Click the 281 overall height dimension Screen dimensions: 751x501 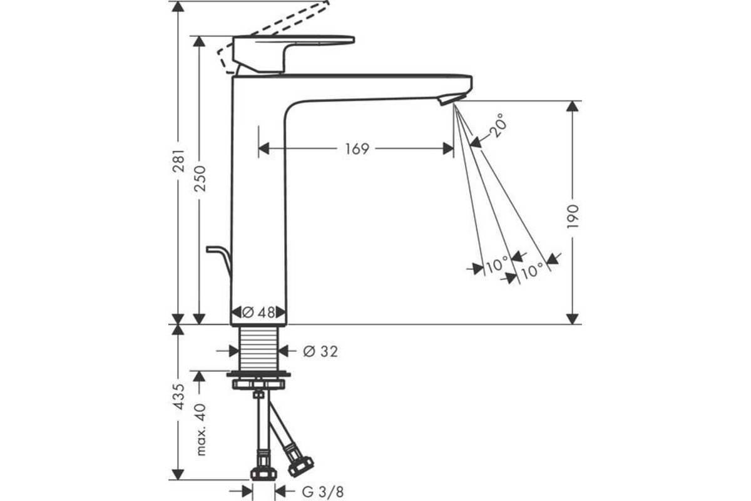point(178,161)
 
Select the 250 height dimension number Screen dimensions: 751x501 point(200,178)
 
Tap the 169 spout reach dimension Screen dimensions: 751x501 point(357,149)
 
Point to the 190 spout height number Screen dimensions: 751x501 point(572,217)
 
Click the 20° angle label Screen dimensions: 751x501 point(498,125)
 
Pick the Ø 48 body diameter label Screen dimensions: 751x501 point(258,312)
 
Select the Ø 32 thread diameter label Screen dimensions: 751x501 point(320,352)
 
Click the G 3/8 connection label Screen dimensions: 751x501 point(323,492)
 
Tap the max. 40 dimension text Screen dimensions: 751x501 point(200,429)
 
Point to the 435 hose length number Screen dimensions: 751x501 point(178,396)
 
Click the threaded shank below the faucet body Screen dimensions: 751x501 point(258,349)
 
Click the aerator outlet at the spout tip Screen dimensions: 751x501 point(452,100)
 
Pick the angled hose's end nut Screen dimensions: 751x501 point(301,466)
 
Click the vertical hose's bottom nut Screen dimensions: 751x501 point(263,473)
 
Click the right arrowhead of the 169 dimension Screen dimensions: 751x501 point(448,148)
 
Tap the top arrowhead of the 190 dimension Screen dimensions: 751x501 point(572,106)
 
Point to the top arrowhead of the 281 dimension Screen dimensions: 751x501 point(178,6)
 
